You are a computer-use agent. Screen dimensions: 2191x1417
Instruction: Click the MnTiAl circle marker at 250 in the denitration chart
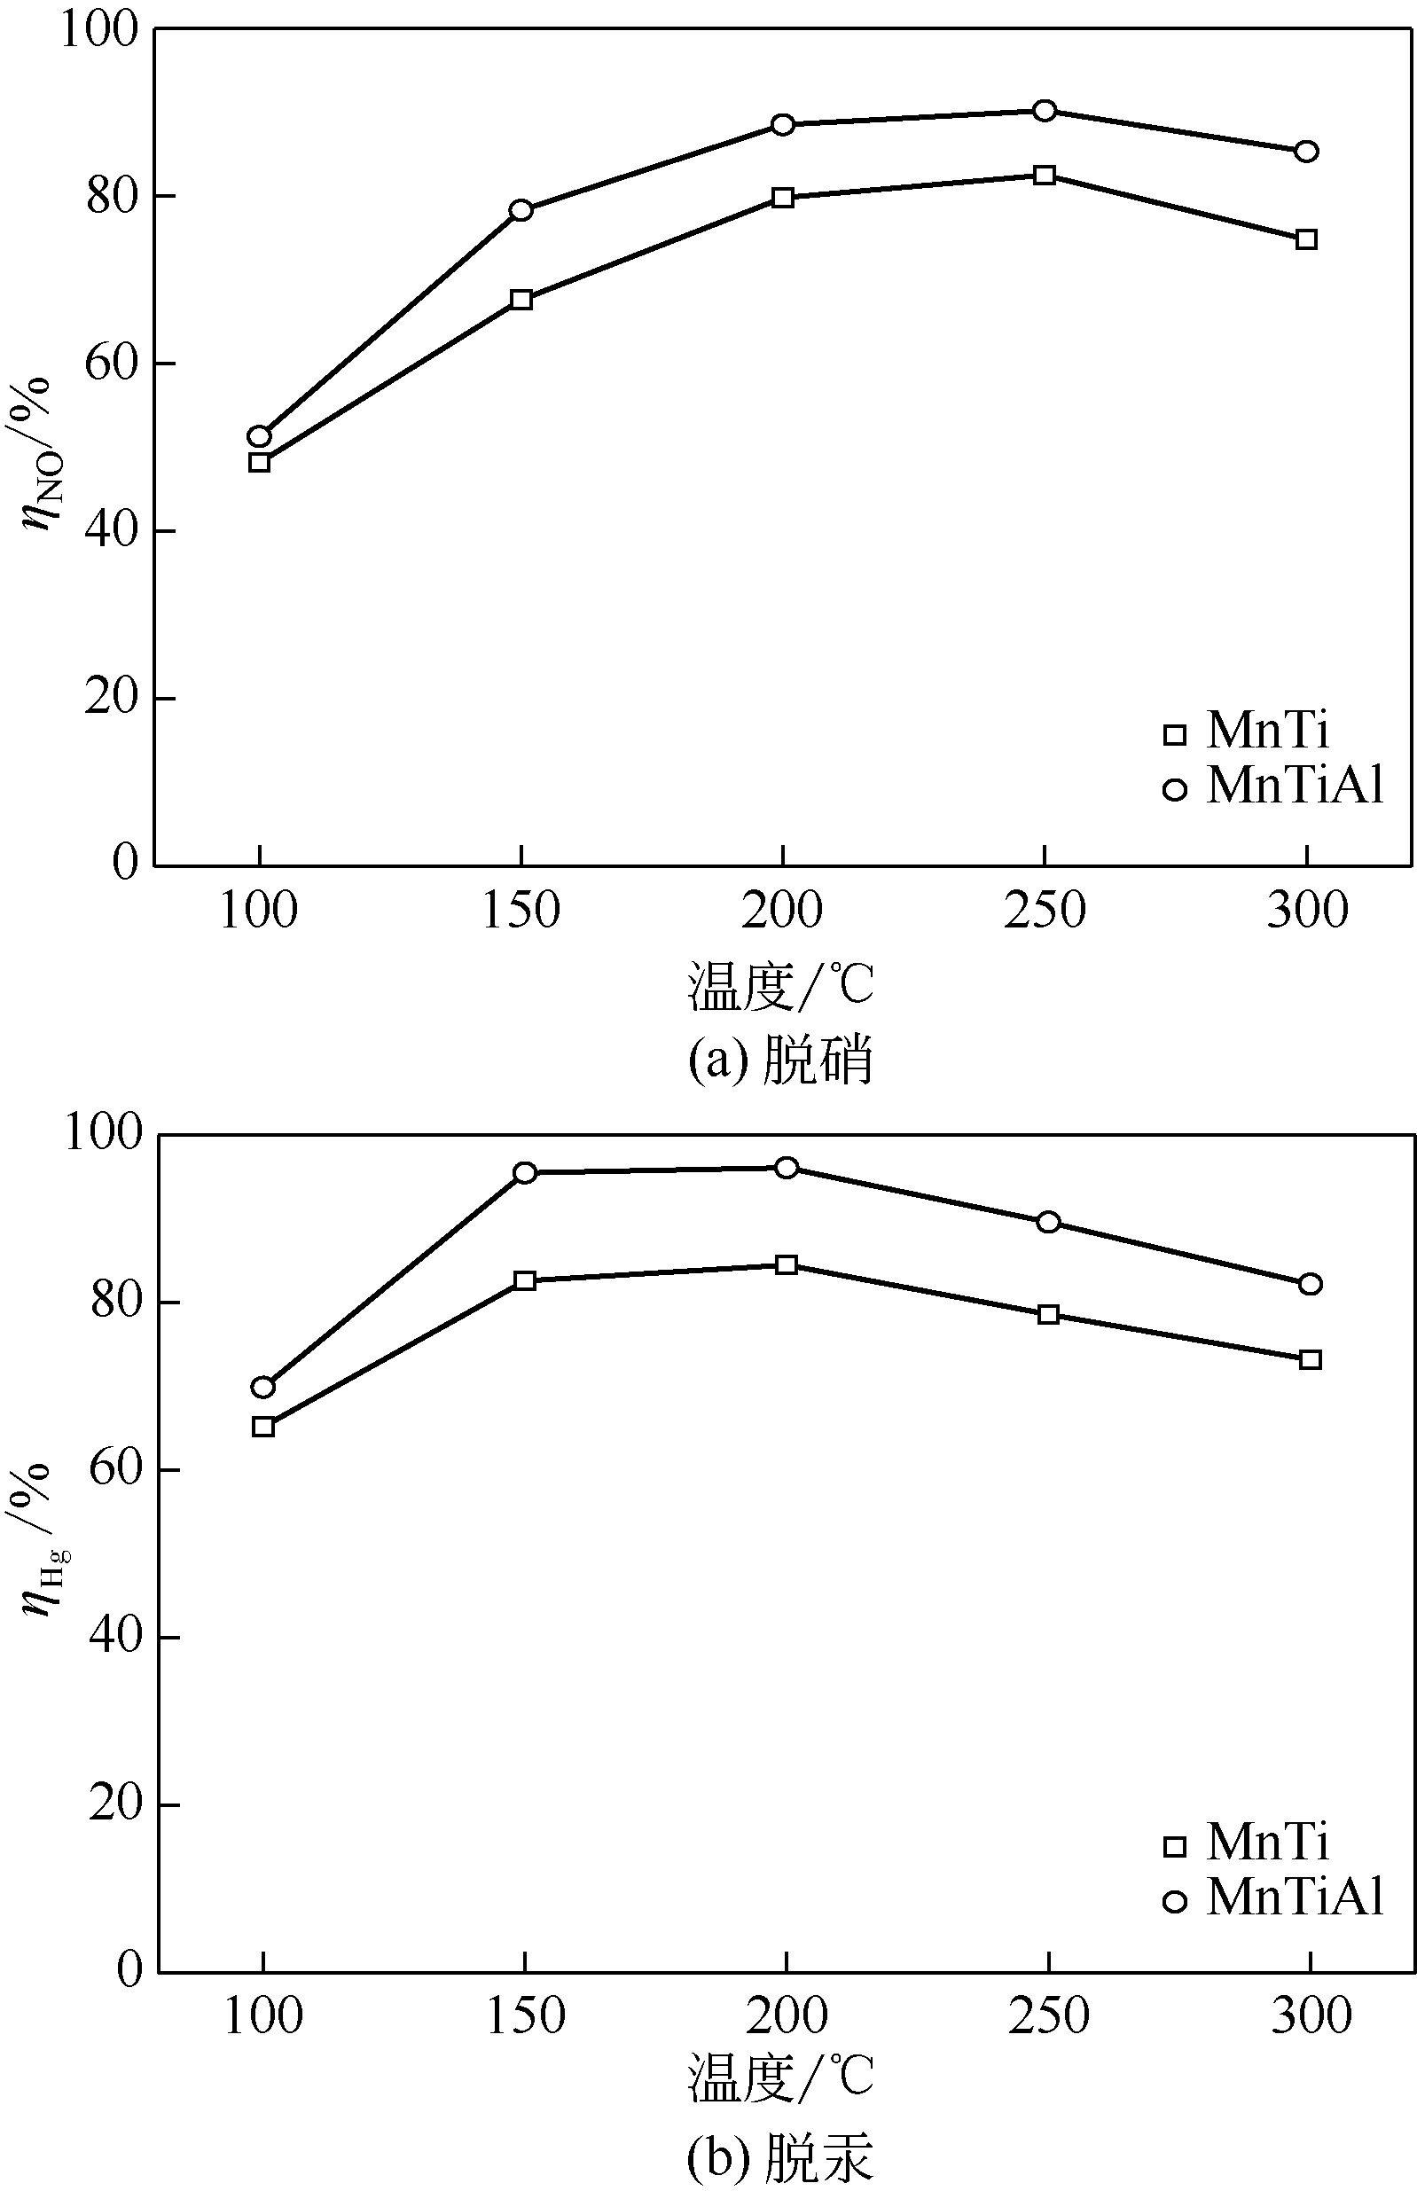(1045, 110)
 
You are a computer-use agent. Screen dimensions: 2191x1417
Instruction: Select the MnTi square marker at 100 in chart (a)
(260, 462)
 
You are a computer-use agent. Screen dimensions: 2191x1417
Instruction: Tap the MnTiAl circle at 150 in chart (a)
(521, 210)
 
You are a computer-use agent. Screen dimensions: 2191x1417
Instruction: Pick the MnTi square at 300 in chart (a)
(1305, 240)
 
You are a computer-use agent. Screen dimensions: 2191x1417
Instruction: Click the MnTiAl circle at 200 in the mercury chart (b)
(786, 1167)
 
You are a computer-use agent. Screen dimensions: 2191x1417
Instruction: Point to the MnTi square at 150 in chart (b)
(524, 1280)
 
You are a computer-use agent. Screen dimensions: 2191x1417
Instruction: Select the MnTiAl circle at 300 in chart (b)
(1311, 1284)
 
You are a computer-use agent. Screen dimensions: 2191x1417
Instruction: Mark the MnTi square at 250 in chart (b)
(1048, 1314)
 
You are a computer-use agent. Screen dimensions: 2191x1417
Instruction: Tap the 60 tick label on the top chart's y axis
(112, 364)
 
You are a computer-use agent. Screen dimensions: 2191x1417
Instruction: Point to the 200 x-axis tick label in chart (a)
(782, 911)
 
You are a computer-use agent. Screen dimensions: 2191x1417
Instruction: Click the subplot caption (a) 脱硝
(780, 1060)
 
